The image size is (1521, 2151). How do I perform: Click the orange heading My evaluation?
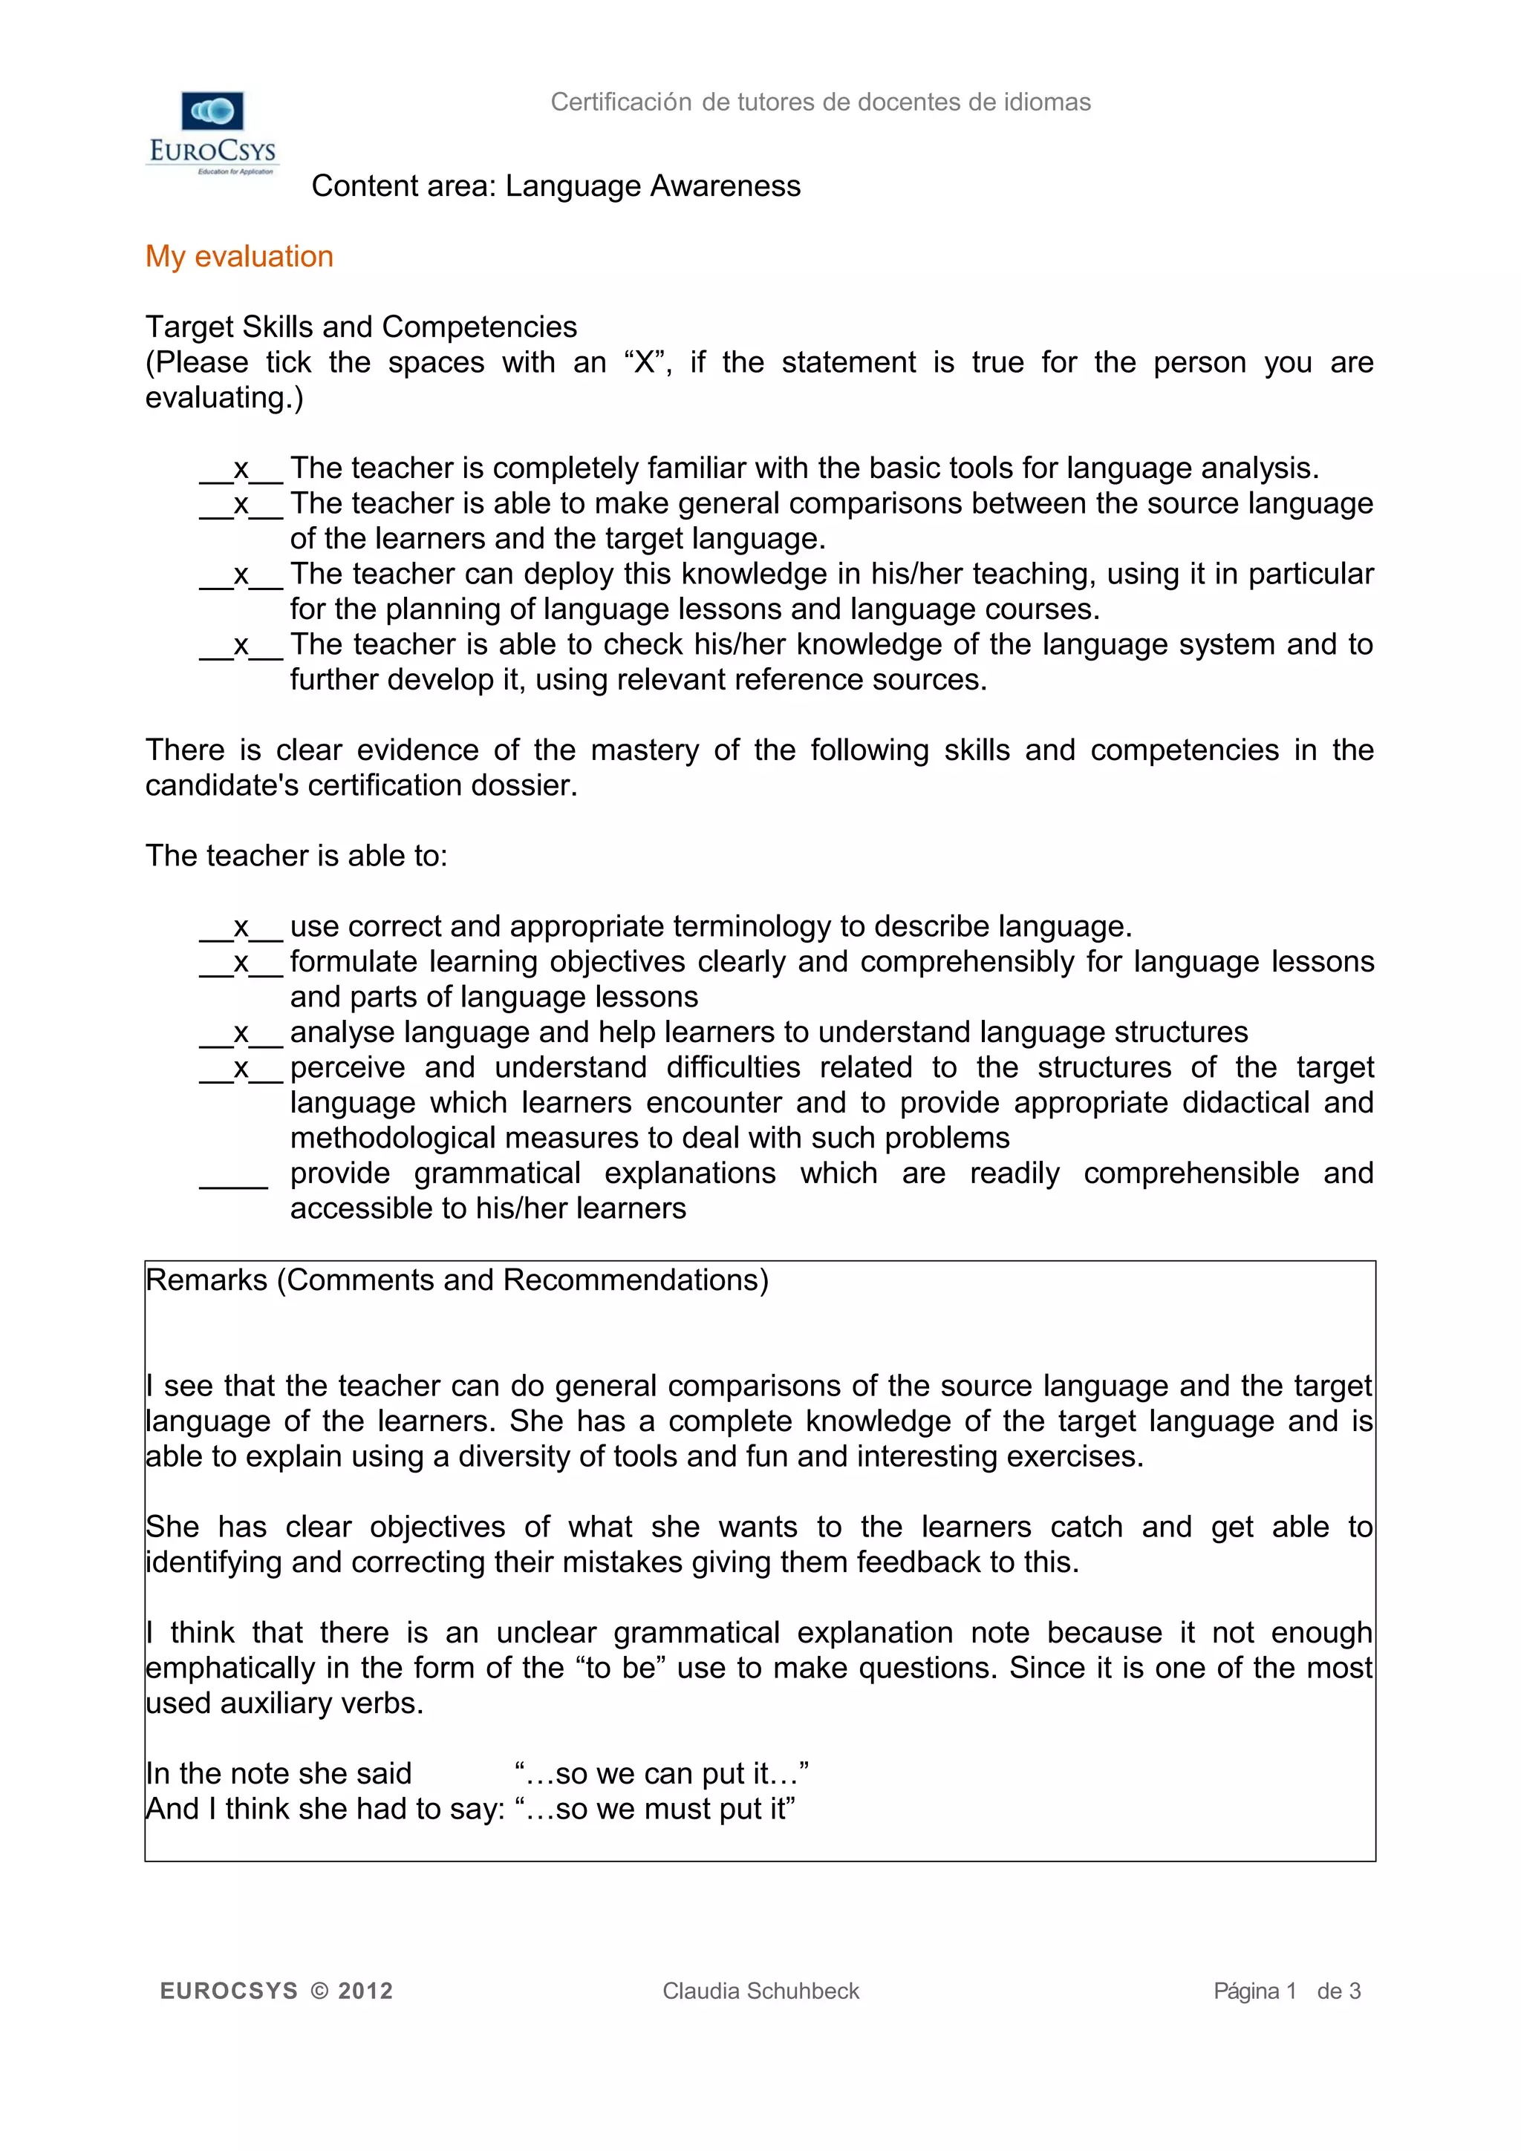pyautogui.click(x=239, y=257)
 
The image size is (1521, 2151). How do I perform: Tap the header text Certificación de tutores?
pyautogui.click(x=820, y=102)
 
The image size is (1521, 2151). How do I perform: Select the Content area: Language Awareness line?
pyautogui.click(x=556, y=186)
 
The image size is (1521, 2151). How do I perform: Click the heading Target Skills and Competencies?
pyautogui.click(x=361, y=327)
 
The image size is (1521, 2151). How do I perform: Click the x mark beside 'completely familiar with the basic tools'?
pyautogui.click(x=241, y=468)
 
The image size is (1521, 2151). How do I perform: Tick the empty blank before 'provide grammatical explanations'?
pyautogui.click(x=234, y=1176)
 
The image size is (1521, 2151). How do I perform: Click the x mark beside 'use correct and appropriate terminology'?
pyautogui.click(x=241, y=928)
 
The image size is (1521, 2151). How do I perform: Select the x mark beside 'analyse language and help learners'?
pyautogui.click(x=241, y=1033)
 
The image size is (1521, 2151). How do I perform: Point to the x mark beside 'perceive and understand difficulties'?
pyautogui.click(x=241, y=1069)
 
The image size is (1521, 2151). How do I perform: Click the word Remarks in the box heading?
pyautogui.click(x=207, y=1280)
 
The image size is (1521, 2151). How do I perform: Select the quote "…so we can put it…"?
pyautogui.click(x=662, y=1773)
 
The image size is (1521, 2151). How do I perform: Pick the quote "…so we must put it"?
pyautogui.click(x=655, y=1809)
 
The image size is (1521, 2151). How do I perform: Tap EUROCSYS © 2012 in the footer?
pyautogui.click(x=276, y=1991)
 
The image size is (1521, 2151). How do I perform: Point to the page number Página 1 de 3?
pyautogui.click(x=1286, y=1991)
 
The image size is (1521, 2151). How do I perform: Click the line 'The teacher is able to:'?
pyautogui.click(x=296, y=857)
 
